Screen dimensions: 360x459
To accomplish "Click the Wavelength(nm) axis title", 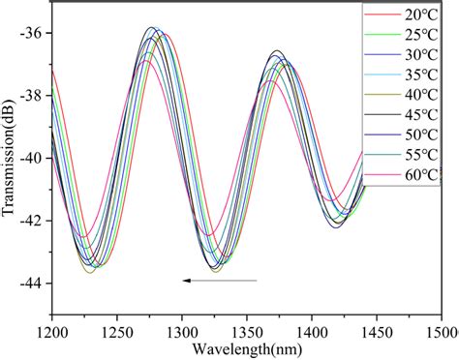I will point(246,347).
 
